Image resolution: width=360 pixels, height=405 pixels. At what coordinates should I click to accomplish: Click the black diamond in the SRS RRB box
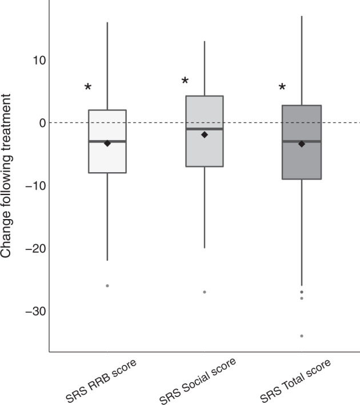point(107,143)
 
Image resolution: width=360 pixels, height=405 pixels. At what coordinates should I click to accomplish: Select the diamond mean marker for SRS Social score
point(205,134)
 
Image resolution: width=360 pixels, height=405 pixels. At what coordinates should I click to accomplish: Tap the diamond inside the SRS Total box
point(302,144)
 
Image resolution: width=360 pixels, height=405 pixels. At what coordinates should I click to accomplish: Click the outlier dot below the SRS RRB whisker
point(107,285)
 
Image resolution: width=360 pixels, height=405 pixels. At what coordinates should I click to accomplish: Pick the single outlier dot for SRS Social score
point(205,292)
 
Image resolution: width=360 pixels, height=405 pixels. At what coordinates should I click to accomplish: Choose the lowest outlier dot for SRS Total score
point(302,336)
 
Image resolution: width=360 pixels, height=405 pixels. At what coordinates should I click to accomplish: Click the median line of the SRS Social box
point(205,129)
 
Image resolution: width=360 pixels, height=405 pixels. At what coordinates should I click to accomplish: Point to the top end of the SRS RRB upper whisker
point(107,23)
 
